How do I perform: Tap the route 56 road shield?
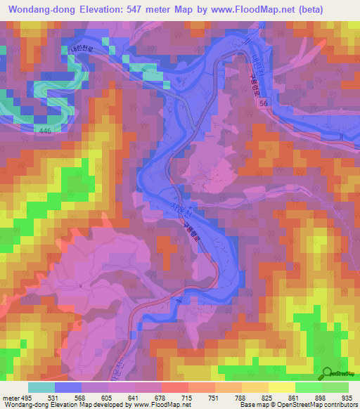coord(264,103)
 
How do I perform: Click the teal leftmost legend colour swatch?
coord(41,387)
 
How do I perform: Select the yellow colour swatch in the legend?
coord(281,387)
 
